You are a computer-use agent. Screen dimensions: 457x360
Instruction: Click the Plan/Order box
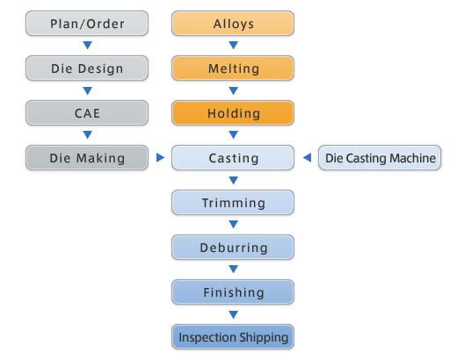coord(87,24)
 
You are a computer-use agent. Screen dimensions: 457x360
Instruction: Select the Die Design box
coord(87,68)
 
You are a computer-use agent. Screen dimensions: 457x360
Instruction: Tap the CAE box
coord(87,113)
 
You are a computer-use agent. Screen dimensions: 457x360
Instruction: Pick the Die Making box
coord(87,158)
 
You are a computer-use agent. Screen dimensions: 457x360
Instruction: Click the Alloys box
coord(233,24)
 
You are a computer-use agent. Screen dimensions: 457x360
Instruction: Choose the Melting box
coord(233,68)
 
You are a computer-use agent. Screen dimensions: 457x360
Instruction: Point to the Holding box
coord(233,113)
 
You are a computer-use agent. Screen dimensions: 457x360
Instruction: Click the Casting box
coord(233,158)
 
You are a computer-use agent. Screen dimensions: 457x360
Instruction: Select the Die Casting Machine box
coord(380,158)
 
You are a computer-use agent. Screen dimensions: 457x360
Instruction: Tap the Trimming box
coord(233,203)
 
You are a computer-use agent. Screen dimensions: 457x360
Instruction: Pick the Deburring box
coord(233,248)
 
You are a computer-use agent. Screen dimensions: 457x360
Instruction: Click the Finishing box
coord(233,292)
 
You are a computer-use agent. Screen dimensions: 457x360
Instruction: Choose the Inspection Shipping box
coord(233,337)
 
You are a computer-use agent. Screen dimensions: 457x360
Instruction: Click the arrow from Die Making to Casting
coord(160,157)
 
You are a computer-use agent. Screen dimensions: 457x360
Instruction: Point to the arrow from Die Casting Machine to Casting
coord(307,157)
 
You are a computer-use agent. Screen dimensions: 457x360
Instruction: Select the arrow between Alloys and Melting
coord(233,45)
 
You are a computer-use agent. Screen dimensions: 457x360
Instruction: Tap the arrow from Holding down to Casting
coord(233,134)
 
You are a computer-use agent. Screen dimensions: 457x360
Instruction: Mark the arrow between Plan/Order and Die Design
coord(87,45)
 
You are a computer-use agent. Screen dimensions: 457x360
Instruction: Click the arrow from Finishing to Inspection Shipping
coord(233,314)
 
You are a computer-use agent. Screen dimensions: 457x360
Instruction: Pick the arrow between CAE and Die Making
coord(87,134)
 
